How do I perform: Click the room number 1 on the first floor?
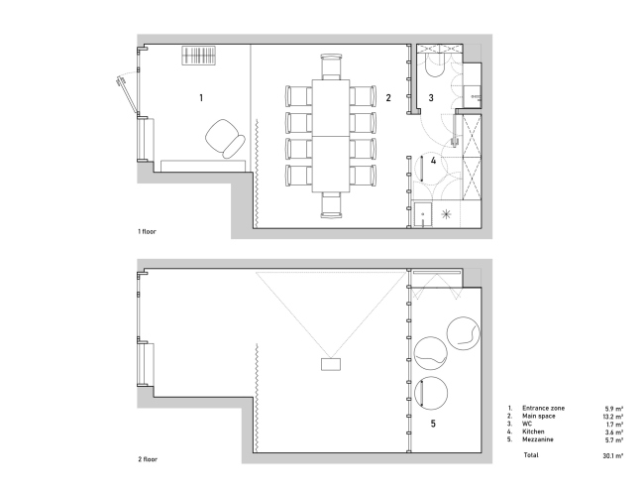tap(201, 98)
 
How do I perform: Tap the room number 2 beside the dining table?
tap(388, 98)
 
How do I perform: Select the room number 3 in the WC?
tap(431, 98)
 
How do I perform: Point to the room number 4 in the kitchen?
tap(433, 161)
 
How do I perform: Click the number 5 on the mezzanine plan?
tap(433, 424)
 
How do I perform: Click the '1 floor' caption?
tap(147, 231)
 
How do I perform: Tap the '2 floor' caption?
tap(148, 459)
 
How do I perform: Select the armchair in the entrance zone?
tap(225, 139)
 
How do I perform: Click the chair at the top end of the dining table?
tap(331, 66)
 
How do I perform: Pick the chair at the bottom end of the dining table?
tap(331, 204)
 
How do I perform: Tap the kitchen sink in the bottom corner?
tap(423, 214)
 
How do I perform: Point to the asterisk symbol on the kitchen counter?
tap(446, 214)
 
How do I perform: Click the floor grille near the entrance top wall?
tap(199, 56)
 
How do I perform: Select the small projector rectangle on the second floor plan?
tap(331, 364)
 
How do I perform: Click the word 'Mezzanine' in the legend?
tap(538, 439)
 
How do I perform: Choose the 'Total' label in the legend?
tap(531, 455)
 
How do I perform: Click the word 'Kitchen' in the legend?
tap(533, 432)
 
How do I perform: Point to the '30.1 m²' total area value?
tap(612, 455)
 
